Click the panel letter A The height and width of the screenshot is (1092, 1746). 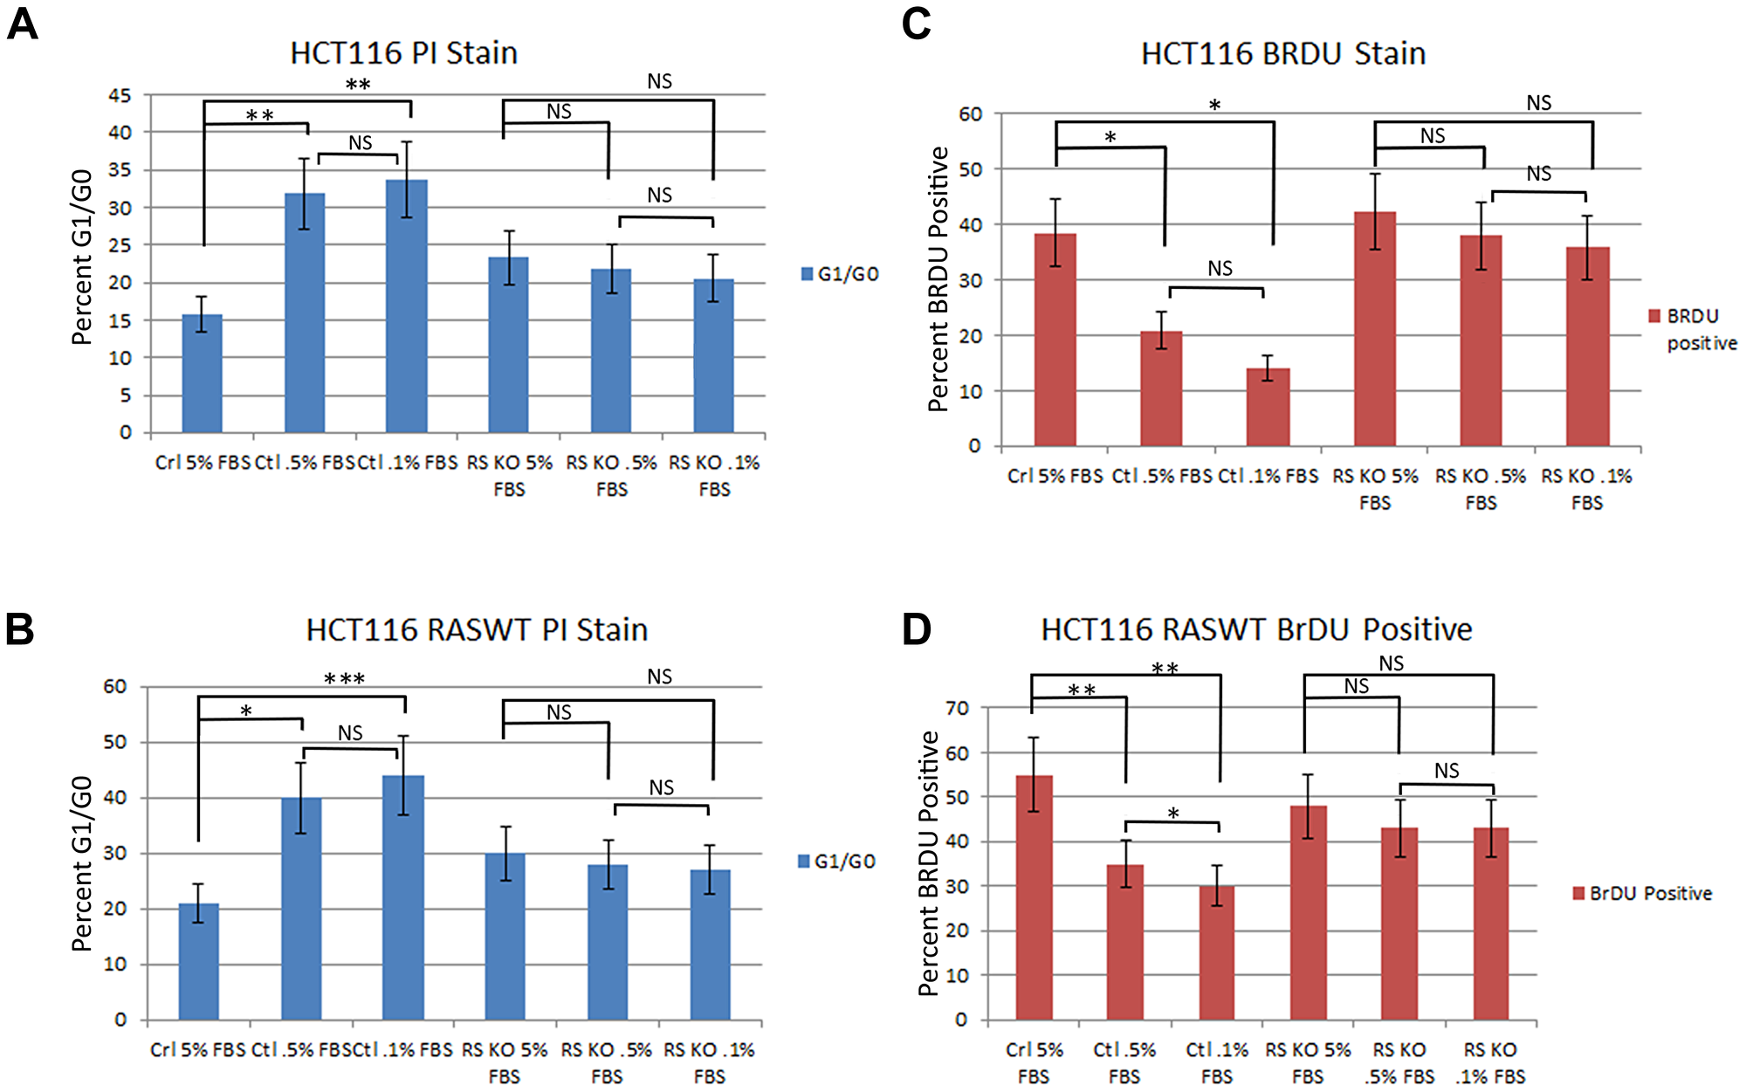[x=22, y=24]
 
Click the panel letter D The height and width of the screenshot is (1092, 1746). [x=916, y=628]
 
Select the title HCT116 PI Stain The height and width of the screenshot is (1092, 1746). [x=403, y=53]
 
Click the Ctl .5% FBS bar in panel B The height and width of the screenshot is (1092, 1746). [x=301, y=908]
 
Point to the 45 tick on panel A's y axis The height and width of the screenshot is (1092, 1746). [x=120, y=95]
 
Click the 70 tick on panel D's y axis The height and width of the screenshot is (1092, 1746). [x=957, y=708]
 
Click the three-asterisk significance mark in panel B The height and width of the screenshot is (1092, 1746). [x=344, y=679]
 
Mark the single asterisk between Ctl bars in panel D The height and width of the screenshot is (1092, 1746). [x=1173, y=814]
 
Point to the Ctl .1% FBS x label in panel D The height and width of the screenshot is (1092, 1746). [x=1216, y=1062]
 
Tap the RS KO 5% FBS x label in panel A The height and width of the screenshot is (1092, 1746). [x=509, y=475]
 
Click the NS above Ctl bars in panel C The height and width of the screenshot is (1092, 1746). [x=1220, y=269]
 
